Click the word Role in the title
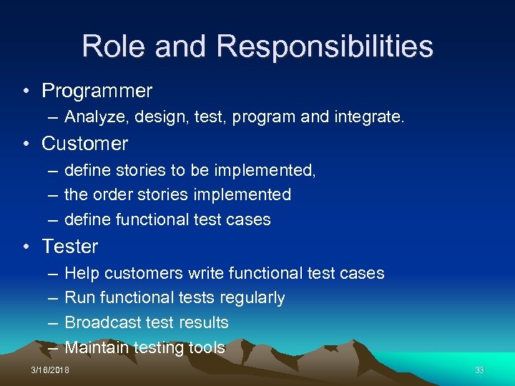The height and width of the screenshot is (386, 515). click(114, 46)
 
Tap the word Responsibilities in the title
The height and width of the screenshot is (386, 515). click(325, 46)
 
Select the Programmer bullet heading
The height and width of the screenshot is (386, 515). click(97, 91)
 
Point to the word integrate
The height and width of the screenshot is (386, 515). click(368, 117)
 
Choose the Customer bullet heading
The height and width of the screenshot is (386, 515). click(85, 143)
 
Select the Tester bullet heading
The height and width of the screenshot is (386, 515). click(70, 246)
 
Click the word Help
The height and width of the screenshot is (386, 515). click(82, 273)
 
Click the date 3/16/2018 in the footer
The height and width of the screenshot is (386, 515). click(51, 370)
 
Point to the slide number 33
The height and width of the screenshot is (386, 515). click(479, 370)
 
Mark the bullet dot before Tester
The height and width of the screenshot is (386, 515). click(26, 247)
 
